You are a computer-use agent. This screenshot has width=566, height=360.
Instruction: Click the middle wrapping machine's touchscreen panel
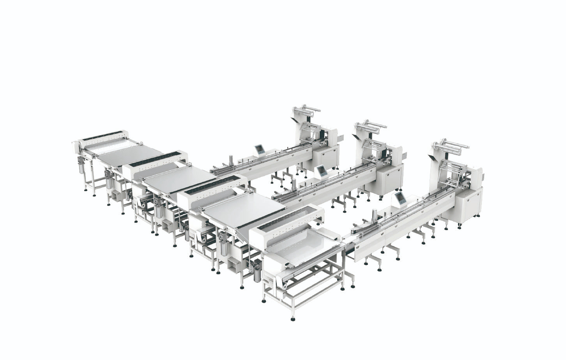(322, 171)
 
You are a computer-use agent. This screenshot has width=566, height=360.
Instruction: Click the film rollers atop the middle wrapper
(370, 128)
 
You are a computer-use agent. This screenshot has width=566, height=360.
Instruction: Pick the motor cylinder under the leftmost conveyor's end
(81, 167)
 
